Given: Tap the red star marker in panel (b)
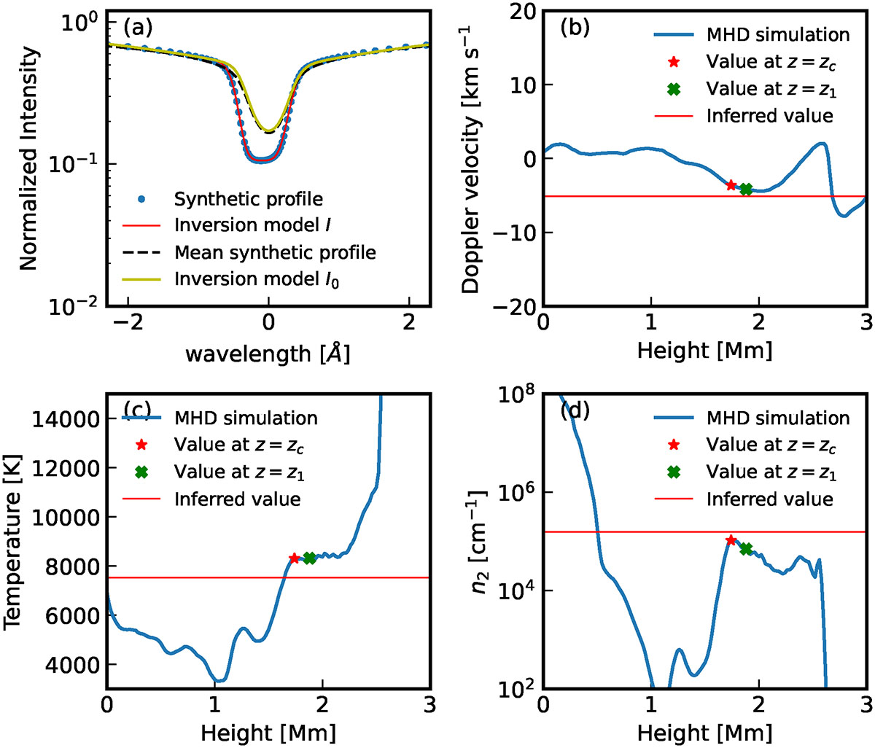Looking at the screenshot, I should pyautogui.click(x=731, y=185).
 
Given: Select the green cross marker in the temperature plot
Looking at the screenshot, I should pyautogui.click(x=309, y=558).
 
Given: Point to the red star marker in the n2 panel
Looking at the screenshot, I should pyautogui.click(x=731, y=540).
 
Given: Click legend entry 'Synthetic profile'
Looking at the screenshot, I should pyautogui.click(x=248, y=198).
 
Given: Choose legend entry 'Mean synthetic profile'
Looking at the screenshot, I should pyautogui.click(x=275, y=252).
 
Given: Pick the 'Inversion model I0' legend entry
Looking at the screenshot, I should pyautogui.click(x=257, y=279).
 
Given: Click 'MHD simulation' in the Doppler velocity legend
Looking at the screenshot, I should pyautogui.click(x=778, y=34).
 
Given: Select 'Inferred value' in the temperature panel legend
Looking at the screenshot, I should pyautogui.click(x=237, y=499).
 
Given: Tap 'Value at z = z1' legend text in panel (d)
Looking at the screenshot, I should pyautogui.click(x=771, y=472).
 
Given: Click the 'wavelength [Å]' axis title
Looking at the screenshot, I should pyautogui.click(x=268, y=354).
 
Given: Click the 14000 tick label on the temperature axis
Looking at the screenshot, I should pyautogui.click(x=70, y=419).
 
